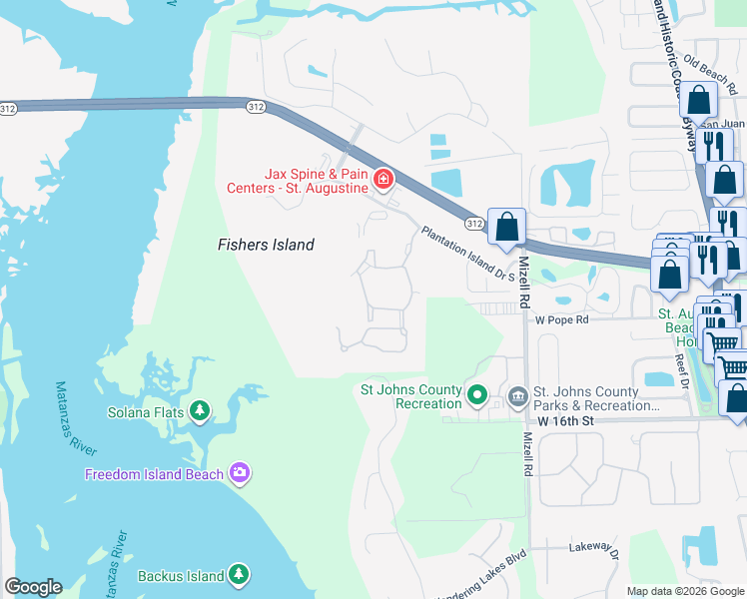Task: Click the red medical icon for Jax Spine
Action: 381,180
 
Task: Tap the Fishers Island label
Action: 267,245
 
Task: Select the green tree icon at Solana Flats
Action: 200,410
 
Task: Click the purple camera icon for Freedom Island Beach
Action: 239,473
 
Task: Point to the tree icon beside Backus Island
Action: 239,575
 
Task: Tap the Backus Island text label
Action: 180,576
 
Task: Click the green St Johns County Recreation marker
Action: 476,397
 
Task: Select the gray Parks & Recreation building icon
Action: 517,397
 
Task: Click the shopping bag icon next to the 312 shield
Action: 507,226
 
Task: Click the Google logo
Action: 34,587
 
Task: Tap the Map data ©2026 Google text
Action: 685,591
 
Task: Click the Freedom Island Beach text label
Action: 155,474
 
